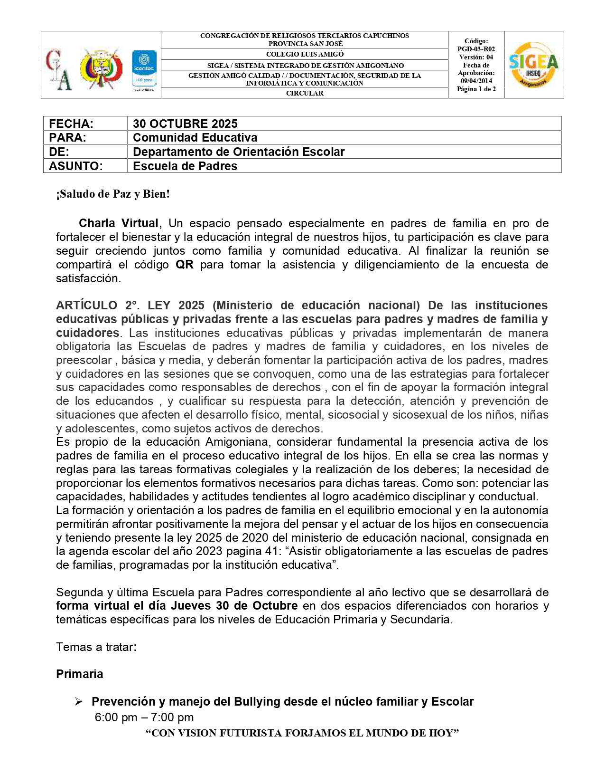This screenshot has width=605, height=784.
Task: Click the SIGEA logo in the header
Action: click(x=533, y=65)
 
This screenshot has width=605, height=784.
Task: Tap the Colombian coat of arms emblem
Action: click(x=101, y=68)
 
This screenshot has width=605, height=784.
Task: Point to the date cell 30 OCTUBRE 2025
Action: click(x=185, y=124)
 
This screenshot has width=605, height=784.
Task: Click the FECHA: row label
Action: click(x=71, y=124)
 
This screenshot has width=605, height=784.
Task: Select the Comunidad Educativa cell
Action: click(x=195, y=137)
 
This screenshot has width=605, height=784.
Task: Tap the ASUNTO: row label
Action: click(x=76, y=166)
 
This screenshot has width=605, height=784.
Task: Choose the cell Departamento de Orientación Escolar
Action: click(x=239, y=152)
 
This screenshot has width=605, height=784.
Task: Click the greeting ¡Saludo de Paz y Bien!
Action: click(x=113, y=194)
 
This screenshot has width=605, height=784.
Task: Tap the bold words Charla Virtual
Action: click(x=119, y=223)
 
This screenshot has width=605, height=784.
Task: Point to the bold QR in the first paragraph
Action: click(x=185, y=265)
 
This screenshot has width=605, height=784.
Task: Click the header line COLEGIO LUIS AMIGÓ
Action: click(x=305, y=54)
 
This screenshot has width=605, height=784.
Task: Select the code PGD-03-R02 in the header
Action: click(x=476, y=49)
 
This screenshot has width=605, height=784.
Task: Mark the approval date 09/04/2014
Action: click(x=476, y=81)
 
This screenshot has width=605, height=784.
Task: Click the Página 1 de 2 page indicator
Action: click(x=476, y=89)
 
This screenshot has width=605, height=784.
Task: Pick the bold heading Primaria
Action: click(x=80, y=674)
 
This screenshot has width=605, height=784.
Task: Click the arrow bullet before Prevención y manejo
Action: click(x=79, y=702)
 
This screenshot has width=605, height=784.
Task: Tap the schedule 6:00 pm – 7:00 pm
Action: click(x=144, y=717)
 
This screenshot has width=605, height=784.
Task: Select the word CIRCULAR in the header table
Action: click(x=305, y=93)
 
